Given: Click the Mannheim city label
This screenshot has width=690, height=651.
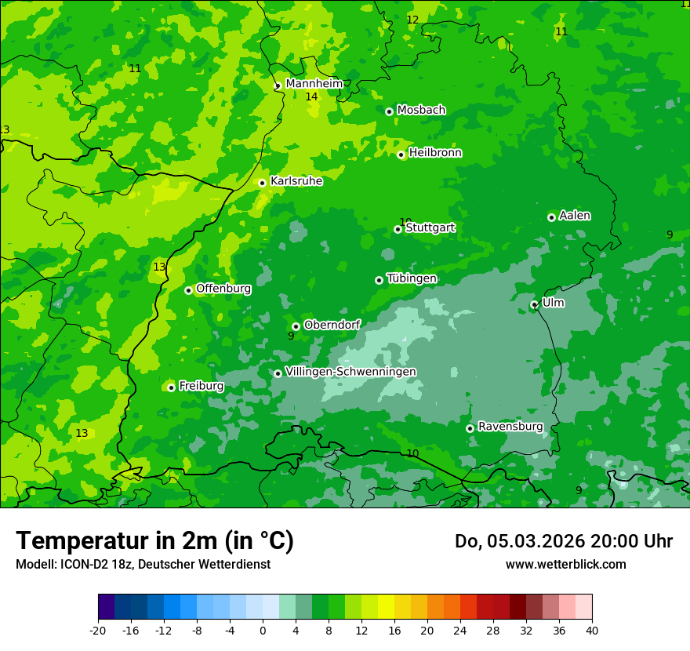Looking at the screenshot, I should pos(314,84).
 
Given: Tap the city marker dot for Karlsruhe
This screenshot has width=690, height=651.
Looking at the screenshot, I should pos(263,183).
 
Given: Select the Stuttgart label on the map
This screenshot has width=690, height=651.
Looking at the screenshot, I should pos(430,227).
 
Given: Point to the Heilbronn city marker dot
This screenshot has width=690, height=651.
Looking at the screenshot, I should pos(401,155).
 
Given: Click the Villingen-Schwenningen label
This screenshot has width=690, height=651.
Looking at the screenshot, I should pos(350,372).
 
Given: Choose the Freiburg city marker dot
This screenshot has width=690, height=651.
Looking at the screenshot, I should pos(171,387).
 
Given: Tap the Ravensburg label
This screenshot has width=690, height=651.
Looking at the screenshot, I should pos(510,427).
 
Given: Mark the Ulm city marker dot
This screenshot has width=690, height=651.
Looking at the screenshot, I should pos(535,304).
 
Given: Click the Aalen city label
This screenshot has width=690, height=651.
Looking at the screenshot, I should pos(575,216).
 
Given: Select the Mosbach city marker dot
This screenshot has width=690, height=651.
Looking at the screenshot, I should pos(389,111).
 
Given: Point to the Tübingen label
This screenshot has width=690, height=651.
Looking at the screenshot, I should pos(412,278).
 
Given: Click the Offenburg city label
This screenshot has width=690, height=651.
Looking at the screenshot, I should pos(223,289).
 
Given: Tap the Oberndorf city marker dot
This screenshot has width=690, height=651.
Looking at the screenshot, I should pos(296,326).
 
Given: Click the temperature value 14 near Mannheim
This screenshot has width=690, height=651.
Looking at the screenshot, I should pos(311,96).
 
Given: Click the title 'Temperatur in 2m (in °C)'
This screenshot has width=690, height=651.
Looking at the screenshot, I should pos(154,540).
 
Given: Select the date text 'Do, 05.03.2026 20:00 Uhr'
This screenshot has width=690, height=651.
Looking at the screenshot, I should pos(563,541).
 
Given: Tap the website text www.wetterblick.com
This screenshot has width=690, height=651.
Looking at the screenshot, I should pos(565,564).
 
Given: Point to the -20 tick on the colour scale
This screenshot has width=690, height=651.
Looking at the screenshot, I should pos(98,630).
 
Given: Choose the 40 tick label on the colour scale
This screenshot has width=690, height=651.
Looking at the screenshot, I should pos(592,630).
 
